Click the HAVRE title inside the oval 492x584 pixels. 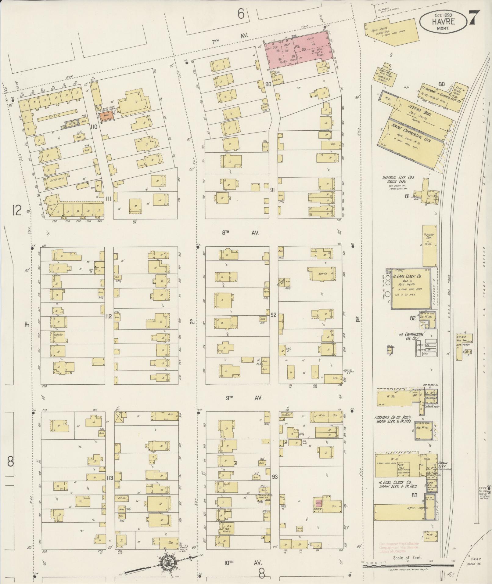coord(443,21)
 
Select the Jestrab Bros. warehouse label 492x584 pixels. coord(418,109)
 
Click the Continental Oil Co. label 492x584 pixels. coord(411,336)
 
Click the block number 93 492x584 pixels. coord(275,476)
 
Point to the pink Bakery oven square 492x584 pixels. coord(319,503)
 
